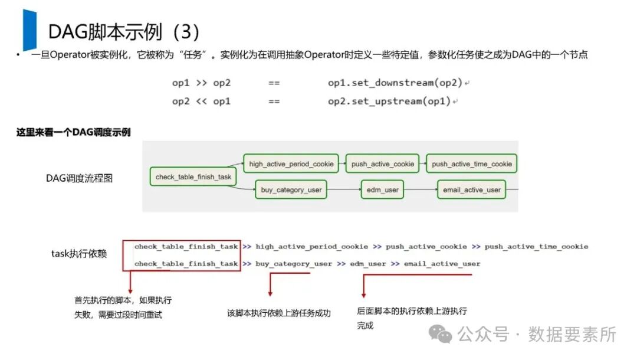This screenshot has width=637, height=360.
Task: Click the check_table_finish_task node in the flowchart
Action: [x=193, y=177]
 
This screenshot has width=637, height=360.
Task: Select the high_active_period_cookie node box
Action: [x=291, y=163]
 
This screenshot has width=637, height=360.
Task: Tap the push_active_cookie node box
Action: [x=383, y=163]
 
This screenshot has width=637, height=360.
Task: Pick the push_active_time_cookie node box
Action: [x=472, y=163]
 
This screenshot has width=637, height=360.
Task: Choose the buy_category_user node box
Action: [x=291, y=190]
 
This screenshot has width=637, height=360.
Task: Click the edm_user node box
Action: [x=383, y=190]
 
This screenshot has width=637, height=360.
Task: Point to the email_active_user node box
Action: [x=472, y=190]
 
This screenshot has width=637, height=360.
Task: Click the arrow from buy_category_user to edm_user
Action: [x=344, y=190]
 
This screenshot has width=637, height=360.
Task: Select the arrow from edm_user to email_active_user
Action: [x=421, y=190]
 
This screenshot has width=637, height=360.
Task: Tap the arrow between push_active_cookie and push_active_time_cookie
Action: [x=423, y=163]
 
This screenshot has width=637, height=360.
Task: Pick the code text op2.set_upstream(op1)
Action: [x=389, y=102]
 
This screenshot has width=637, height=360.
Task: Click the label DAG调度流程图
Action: [x=79, y=178]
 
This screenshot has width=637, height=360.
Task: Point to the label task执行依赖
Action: [x=79, y=254]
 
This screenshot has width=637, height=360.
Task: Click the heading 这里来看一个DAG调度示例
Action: [x=73, y=133]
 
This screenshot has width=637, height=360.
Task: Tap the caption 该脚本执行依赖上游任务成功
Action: [x=279, y=313]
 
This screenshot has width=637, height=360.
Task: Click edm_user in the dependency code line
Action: [x=368, y=264]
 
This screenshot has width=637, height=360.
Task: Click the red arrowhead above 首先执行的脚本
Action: [x=130, y=290]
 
